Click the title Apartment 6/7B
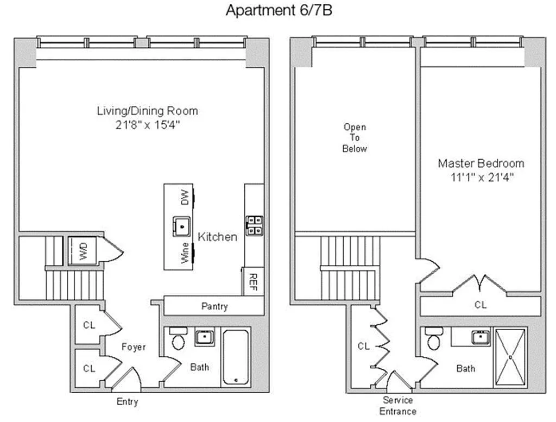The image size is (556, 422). click(279, 10)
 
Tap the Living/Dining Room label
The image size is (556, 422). click(147, 111)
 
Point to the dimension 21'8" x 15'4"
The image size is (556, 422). click(147, 124)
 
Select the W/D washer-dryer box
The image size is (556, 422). click(83, 250)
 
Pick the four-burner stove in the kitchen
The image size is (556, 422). click(254, 225)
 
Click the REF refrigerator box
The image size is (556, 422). click(253, 281)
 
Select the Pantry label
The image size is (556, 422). click(214, 306)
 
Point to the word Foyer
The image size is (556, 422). click(133, 347)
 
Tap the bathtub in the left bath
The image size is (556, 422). click(235, 356)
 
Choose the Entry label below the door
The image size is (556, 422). click(127, 402)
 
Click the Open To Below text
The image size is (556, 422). click(355, 138)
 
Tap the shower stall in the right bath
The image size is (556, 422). click(510, 357)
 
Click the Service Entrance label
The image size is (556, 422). click(398, 406)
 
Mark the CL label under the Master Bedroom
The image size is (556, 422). click(481, 305)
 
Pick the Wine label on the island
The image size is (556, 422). click(185, 253)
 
